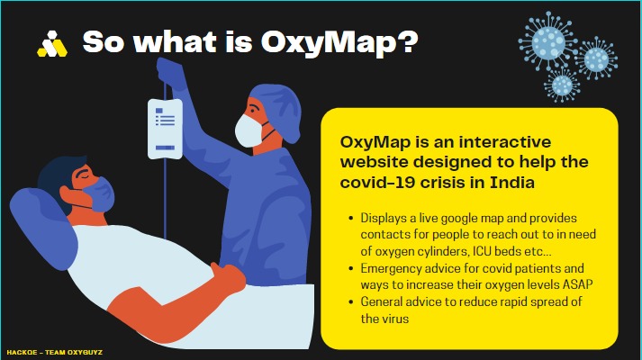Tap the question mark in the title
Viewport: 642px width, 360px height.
tap(409, 41)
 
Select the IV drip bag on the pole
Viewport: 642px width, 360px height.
tap(165, 123)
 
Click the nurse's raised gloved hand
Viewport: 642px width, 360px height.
tap(168, 72)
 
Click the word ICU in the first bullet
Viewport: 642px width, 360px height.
tap(493, 247)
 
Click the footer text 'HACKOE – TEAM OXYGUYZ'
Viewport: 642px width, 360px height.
tap(54, 354)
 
